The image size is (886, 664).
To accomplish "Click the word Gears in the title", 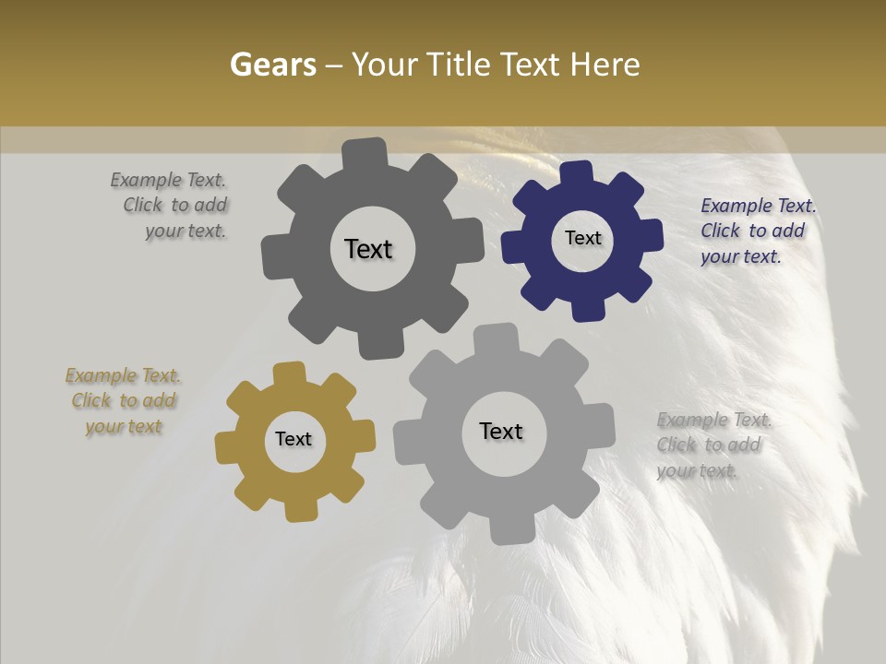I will click(272, 65).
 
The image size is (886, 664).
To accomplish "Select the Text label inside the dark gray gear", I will click(368, 249).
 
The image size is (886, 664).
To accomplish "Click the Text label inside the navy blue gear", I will click(582, 238).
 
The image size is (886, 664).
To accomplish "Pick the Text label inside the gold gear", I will click(293, 439).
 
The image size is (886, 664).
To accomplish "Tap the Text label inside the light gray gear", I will click(501, 431).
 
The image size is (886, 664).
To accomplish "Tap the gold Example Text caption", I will click(124, 401).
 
